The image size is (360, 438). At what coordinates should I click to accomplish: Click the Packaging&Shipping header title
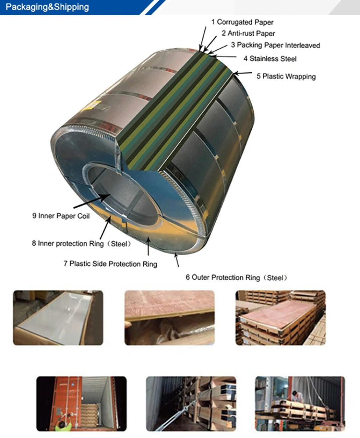click(47, 7)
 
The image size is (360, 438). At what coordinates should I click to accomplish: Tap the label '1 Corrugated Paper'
click(242, 22)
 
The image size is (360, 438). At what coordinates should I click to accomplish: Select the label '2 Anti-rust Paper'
click(248, 33)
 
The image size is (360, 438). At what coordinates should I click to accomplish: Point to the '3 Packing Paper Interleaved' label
click(275, 45)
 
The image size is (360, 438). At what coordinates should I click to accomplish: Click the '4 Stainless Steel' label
click(270, 59)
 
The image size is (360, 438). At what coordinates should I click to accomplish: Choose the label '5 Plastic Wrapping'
click(286, 76)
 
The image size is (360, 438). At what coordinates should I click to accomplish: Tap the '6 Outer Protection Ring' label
click(237, 278)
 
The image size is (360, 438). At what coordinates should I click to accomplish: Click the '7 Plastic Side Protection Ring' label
click(110, 264)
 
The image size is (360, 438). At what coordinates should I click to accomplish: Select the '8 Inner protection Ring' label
click(81, 243)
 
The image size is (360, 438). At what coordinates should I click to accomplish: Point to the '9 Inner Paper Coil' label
click(61, 216)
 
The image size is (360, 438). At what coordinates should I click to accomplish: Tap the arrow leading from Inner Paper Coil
click(92, 201)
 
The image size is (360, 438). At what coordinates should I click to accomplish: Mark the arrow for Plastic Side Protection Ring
click(148, 246)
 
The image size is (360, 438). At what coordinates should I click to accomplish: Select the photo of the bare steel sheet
click(58, 318)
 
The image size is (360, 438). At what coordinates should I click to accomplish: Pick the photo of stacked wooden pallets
click(280, 318)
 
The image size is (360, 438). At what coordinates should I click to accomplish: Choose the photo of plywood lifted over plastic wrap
click(170, 318)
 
